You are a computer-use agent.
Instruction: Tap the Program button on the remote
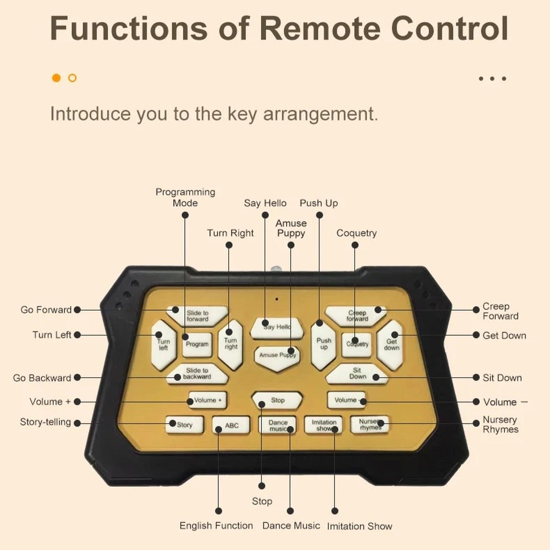click(197, 345)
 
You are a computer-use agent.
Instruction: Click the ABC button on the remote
click(231, 425)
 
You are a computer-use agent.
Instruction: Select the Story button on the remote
click(184, 425)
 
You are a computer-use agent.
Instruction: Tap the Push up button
click(324, 345)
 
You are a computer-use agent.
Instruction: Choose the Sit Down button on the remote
click(357, 374)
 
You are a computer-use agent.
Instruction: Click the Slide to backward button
click(197, 374)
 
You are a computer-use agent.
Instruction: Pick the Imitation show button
click(324, 425)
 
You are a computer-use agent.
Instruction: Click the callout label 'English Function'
click(216, 525)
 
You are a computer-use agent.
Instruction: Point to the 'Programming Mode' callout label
click(185, 198)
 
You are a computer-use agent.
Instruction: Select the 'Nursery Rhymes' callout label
click(500, 424)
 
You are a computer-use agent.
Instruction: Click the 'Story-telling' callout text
click(45, 422)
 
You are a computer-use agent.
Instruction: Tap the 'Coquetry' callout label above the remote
click(357, 233)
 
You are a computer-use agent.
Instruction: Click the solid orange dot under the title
click(56, 78)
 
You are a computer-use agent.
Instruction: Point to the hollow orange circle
click(72, 78)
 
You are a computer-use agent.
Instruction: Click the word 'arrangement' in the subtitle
click(320, 114)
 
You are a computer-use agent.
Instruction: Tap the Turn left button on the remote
click(164, 345)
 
